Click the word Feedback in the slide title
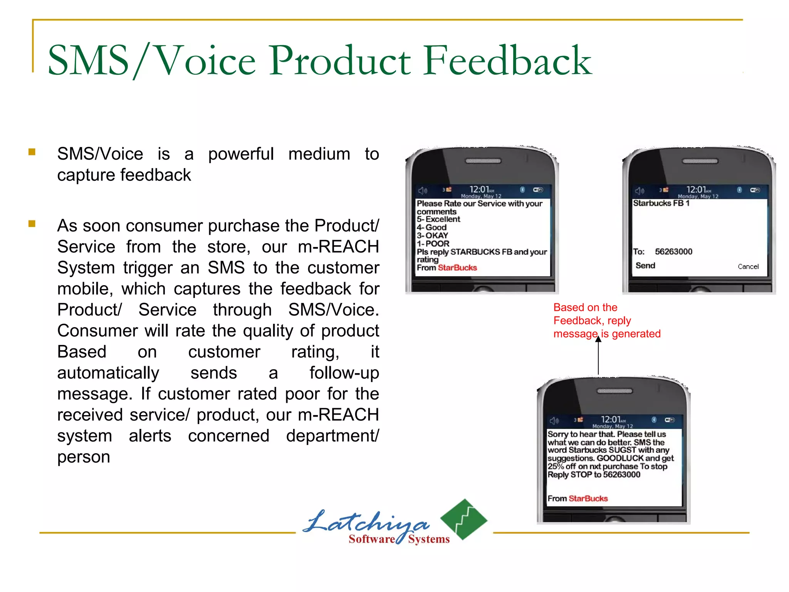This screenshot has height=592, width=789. click(507, 61)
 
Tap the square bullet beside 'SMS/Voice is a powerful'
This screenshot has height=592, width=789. click(32, 152)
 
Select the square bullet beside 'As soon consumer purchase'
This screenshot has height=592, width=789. click(32, 224)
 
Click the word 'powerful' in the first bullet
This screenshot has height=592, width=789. click(241, 154)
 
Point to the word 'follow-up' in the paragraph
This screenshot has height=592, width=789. click(344, 373)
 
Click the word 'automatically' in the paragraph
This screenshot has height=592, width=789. click(108, 373)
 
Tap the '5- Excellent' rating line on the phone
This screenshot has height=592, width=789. click(438, 219)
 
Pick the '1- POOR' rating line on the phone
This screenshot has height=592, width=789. click(433, 244)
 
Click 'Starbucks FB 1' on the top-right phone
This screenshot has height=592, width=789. click(661, 203)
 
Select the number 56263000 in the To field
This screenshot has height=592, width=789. click(673, 252)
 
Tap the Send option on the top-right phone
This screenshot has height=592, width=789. click(645, 266)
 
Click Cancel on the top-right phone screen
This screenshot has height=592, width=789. click(748, 266)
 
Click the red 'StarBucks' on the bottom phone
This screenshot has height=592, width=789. click(588, 499)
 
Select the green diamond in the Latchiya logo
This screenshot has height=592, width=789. click(464, 519)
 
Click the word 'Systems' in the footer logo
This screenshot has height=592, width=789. click(429, 539)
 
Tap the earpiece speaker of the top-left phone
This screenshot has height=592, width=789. click(483, 161)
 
